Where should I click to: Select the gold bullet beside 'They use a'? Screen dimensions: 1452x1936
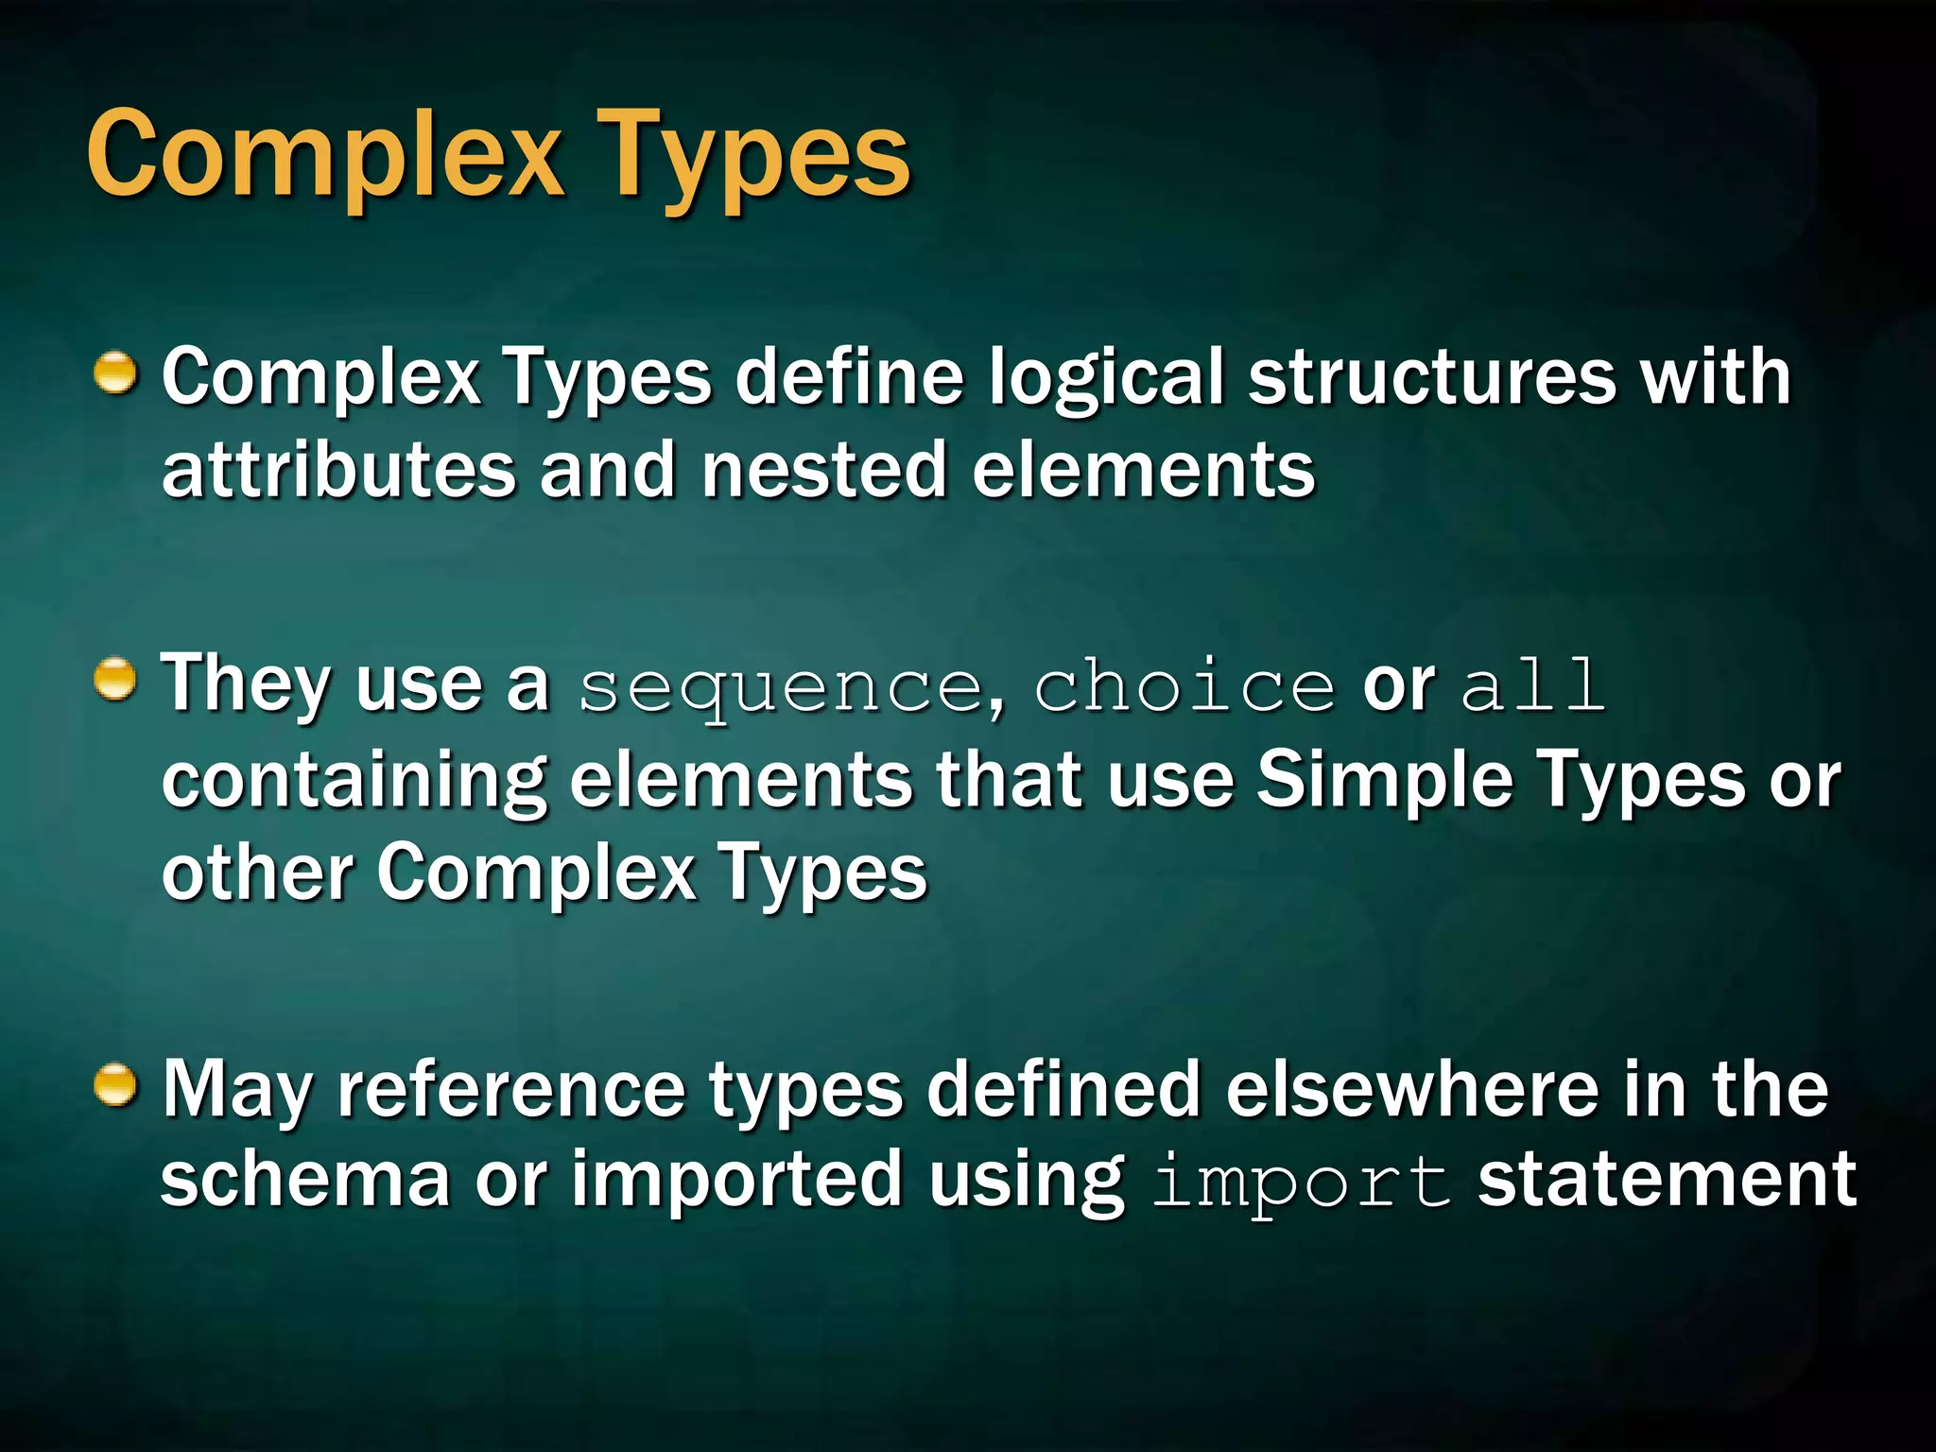point(116,680)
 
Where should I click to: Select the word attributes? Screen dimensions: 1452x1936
point(338,470)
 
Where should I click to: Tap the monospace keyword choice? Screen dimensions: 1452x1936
point(1184,685)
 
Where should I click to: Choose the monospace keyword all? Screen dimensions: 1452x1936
point(1532,685)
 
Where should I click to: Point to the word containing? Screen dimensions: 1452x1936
point(354,783)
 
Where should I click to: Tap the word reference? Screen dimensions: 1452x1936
point(511,1090)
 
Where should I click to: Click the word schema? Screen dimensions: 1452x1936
point(305,1180)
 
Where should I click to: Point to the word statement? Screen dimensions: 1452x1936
point(1667,1180)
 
